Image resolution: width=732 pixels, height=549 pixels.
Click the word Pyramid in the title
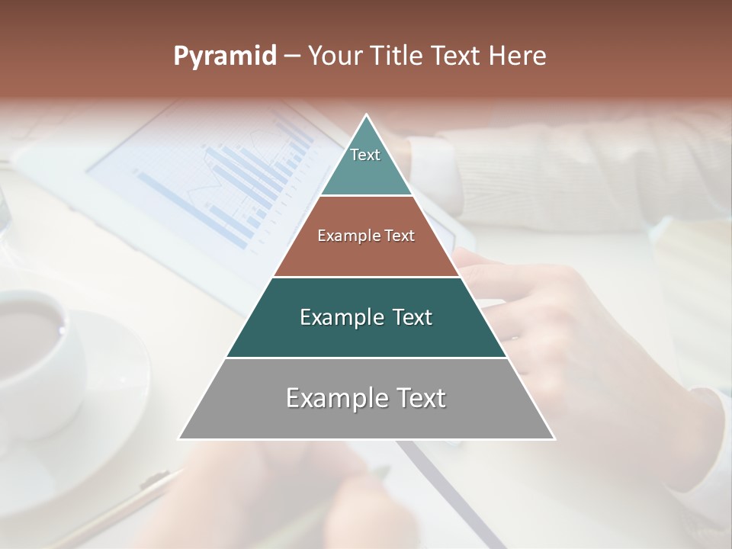tap(225, 56)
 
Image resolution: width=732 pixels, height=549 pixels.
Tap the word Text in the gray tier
tap(416, 398)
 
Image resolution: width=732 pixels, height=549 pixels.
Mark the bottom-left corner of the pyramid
tap(180, 438)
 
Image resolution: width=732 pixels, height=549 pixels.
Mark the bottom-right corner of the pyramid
tap(554, 438)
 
